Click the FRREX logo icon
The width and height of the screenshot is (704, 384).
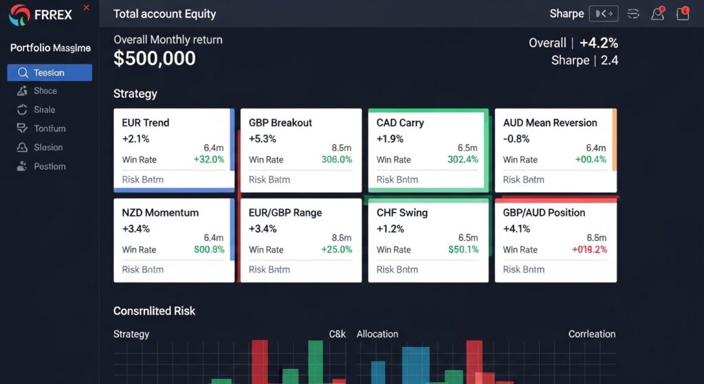click(19, 14)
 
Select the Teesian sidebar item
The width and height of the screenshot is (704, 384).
click(49, 73)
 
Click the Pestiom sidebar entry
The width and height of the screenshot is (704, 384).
click(49, 166)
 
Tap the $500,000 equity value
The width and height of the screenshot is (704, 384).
click(155, 59)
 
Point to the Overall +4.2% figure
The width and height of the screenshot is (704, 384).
click(598, 43)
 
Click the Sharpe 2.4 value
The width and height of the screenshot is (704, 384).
click(609, 60)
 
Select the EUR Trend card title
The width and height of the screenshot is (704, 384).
click(145, 123)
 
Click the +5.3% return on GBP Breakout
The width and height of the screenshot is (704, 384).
click(263, 139)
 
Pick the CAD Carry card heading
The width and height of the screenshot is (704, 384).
click(400, 123)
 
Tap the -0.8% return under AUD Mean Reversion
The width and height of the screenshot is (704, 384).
click(516, 139)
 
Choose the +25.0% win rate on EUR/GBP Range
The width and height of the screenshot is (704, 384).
click(336, 249)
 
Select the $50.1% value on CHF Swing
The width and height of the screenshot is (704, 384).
click(463, 249)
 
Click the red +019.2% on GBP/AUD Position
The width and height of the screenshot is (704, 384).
click(589, 249)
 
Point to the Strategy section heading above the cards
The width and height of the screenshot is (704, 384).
click(135, 93)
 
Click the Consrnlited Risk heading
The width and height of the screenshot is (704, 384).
click(154, 311)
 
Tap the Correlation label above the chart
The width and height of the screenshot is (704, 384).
click(591, 334)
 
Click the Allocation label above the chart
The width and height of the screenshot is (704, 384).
click(377, 334)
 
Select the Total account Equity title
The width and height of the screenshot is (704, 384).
click(164, 14)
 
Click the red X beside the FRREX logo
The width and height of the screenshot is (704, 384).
click(86, 8)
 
